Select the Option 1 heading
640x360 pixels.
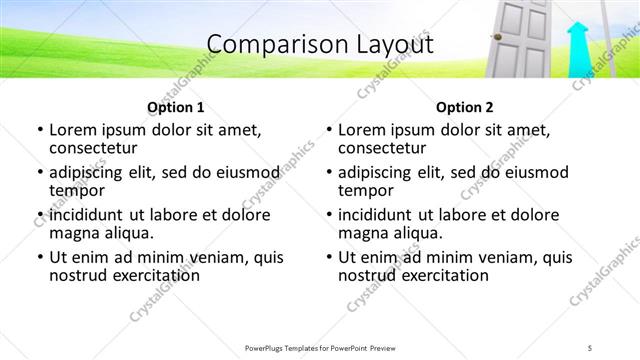tap(176, 107)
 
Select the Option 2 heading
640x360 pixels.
tap(465, 107)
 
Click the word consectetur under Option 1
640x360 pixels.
tap(96, 148)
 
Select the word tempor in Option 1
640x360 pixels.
tap(77, 191)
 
